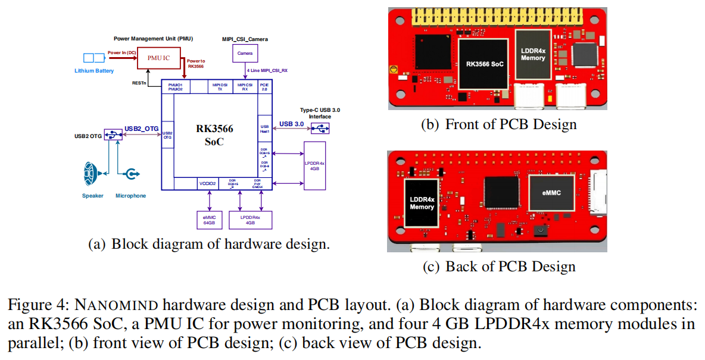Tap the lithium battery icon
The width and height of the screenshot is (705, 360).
tap(93, 58)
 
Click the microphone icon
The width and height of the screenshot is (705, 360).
tap(132, 174)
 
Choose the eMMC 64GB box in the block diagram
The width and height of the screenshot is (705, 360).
tap(209, 220)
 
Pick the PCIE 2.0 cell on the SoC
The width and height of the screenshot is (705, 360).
tap(264, 86)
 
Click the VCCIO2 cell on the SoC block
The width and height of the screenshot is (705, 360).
tap(207, 184)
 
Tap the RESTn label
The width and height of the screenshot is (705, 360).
tap(139, 83)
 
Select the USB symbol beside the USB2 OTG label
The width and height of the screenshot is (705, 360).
tap(111, 134)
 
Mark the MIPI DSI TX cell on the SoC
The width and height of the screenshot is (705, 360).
tap(219, 86)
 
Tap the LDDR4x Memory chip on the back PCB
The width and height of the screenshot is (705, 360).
tap(422, 203)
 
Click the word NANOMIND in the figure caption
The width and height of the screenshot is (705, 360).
tap(116, 305)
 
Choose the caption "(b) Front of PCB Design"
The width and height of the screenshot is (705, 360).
tap(498, 124)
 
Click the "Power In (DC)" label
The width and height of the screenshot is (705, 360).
tap(121, 53)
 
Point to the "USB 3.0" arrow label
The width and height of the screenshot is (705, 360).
tap(291, 124)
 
